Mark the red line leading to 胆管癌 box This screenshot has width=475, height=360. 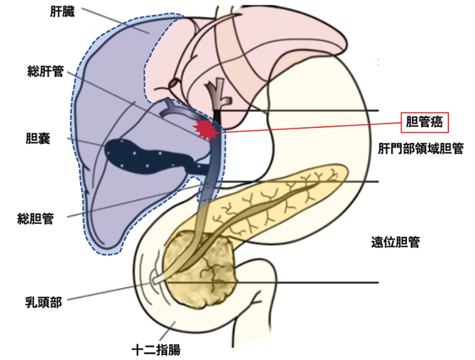pos(312,126)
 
